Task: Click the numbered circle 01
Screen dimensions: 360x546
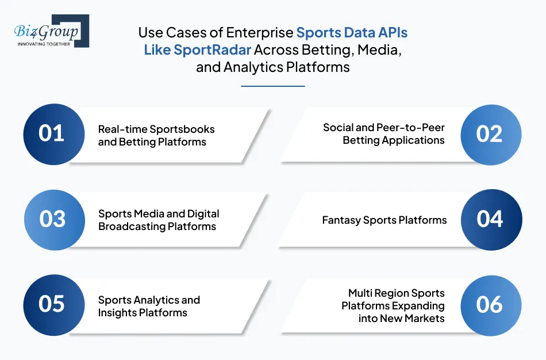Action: (x=52, y=133)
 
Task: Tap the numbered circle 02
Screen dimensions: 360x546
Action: (x=490, y=133)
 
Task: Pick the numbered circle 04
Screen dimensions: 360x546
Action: (x=490, y=219)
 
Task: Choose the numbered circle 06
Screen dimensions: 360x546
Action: (x=490, y=305)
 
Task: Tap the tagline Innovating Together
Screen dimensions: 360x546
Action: (x=44, y=44)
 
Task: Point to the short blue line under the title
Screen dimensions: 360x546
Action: (x=272, y=86)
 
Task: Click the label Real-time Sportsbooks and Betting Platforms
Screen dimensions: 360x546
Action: (x=156, y=135)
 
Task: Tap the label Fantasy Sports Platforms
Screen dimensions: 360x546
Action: (x=384, y=220)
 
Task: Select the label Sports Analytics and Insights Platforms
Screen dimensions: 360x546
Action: (x=149, y=306)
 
